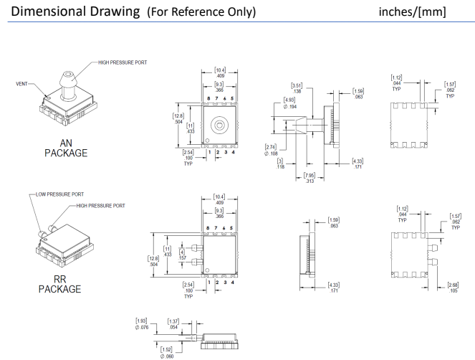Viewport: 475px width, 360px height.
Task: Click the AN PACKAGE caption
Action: pos(65,148)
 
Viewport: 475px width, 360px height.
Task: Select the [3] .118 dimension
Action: pos(282,164)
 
